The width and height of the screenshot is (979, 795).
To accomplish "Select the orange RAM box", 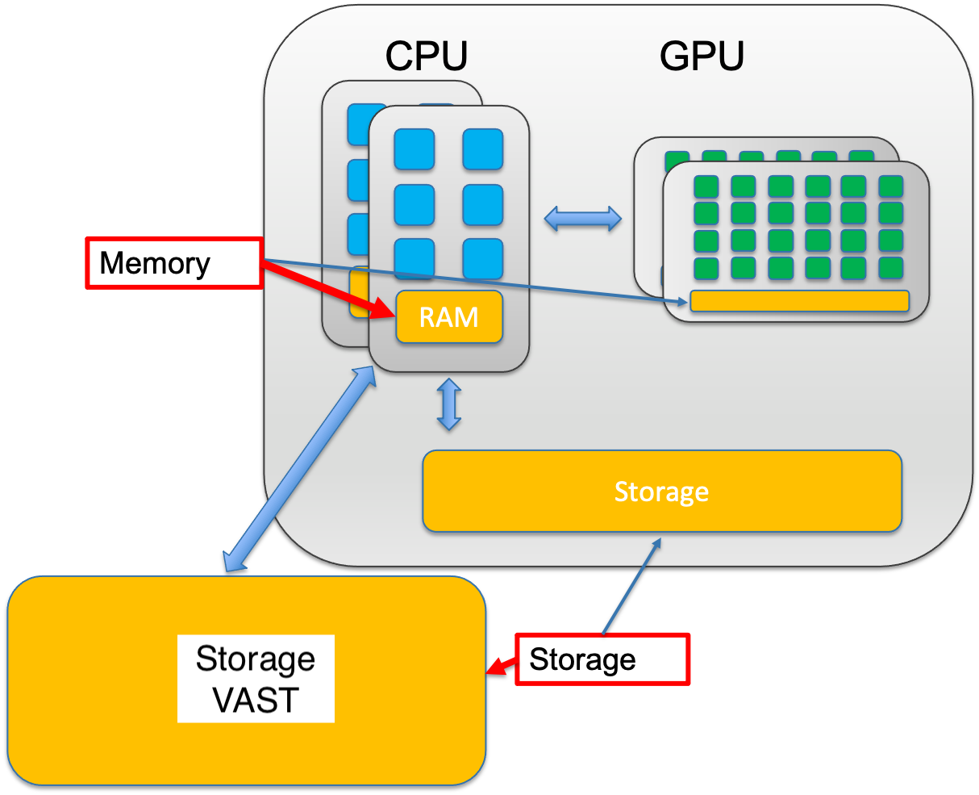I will coord(449,317).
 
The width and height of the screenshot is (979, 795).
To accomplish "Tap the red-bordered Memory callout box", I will coord(173,263).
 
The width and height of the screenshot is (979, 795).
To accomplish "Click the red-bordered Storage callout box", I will coord(602,659).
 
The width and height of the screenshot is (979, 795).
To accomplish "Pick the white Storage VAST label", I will coord(256,679).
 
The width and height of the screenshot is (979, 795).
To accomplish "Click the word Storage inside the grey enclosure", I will coord(661,492).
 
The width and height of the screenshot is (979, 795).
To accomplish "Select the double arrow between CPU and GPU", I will coord(582,218).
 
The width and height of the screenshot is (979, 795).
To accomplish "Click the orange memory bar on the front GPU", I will coord(799,301).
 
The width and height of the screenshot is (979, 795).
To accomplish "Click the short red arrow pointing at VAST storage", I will coord(502,667).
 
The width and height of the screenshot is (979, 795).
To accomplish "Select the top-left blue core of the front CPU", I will coord(414,149).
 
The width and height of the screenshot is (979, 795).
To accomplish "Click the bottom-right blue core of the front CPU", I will coord(483,259).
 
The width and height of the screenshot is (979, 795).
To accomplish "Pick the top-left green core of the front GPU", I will coord(706,187).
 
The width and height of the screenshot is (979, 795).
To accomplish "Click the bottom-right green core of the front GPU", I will coord(890,267).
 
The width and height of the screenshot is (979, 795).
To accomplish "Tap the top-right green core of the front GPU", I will coord(890,187).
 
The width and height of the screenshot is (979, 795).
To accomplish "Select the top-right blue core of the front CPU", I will coord(483,149).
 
